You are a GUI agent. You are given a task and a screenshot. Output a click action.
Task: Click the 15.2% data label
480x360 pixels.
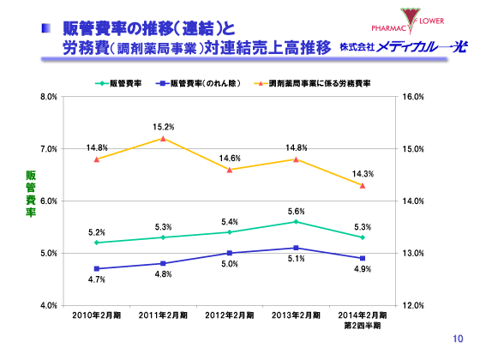click(164, 127)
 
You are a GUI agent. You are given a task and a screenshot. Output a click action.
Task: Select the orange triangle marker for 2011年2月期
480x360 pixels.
click(164, 138)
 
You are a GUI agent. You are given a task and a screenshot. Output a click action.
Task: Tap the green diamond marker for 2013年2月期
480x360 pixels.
click(296, 221)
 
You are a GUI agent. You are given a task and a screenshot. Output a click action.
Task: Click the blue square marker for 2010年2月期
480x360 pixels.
click(97, 268)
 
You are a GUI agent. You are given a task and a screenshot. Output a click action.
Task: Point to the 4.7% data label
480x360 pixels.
click(97, 279)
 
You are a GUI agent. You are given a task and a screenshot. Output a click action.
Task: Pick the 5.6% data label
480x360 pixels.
click(296, 211)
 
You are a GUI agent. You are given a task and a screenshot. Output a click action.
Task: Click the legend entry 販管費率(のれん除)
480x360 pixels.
click(200, 85)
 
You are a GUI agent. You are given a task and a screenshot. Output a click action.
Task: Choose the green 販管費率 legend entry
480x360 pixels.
click(119, 85)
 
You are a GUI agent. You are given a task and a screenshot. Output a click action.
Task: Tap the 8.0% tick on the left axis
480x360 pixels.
click(48, 97)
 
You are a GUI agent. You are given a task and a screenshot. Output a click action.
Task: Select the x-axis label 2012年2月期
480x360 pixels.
click(229, 316)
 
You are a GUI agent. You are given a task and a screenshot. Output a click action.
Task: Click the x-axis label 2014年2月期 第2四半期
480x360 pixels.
click(362, 321)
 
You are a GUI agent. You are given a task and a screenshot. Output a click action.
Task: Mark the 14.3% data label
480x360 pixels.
click(362, 174)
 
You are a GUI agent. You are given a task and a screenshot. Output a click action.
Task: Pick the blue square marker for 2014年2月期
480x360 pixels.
click(362, 258)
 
